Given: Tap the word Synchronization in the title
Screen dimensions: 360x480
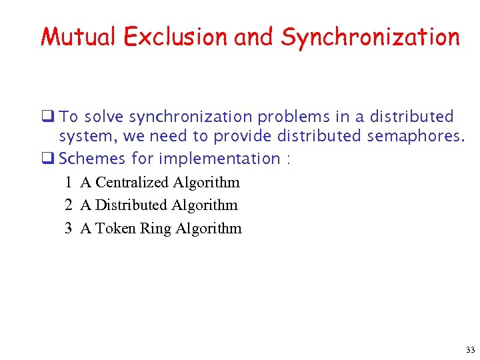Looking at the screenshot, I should [370, 37].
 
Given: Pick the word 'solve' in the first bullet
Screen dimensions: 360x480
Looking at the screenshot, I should [103, 117].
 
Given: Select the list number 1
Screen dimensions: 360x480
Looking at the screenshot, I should [69, 182].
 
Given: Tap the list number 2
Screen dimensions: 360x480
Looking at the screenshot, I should [69, 205].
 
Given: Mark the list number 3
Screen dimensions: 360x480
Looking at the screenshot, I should [69, 228].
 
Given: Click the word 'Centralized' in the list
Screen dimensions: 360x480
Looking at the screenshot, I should [132, 182].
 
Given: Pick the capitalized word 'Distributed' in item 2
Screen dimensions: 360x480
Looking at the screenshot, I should [131, 205].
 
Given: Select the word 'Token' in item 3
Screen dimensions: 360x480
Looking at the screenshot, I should [115, 228].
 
